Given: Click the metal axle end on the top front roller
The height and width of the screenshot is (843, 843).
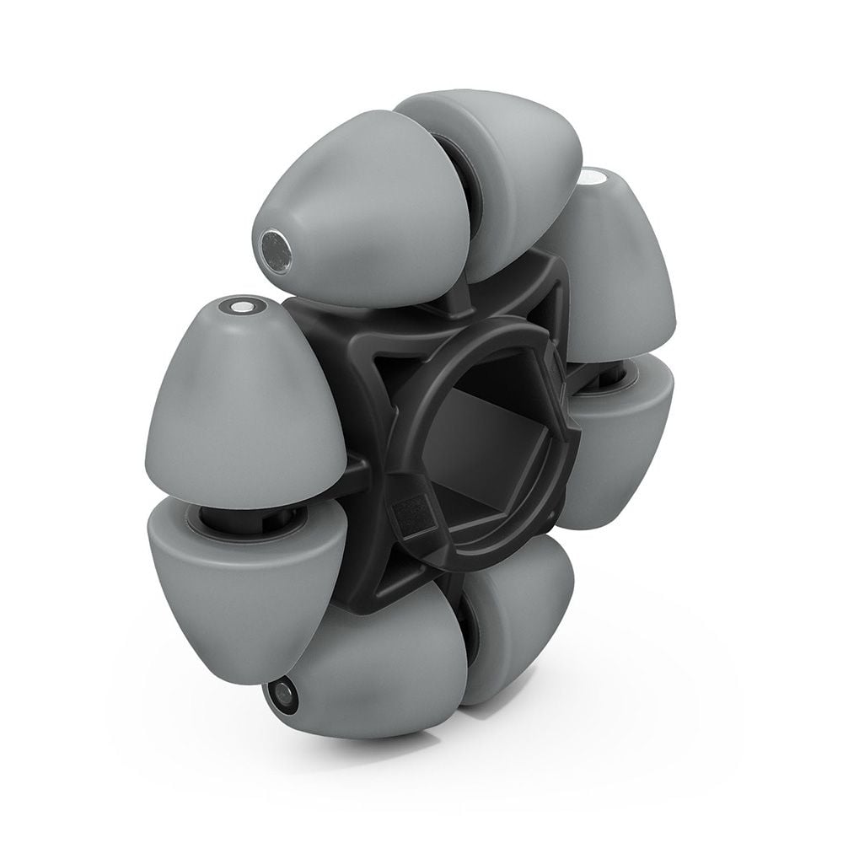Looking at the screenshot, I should click(274, 247).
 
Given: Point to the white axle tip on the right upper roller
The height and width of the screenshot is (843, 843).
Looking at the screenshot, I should click(592, 179).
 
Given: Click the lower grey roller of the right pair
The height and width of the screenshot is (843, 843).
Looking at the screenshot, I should click(620, 438).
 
